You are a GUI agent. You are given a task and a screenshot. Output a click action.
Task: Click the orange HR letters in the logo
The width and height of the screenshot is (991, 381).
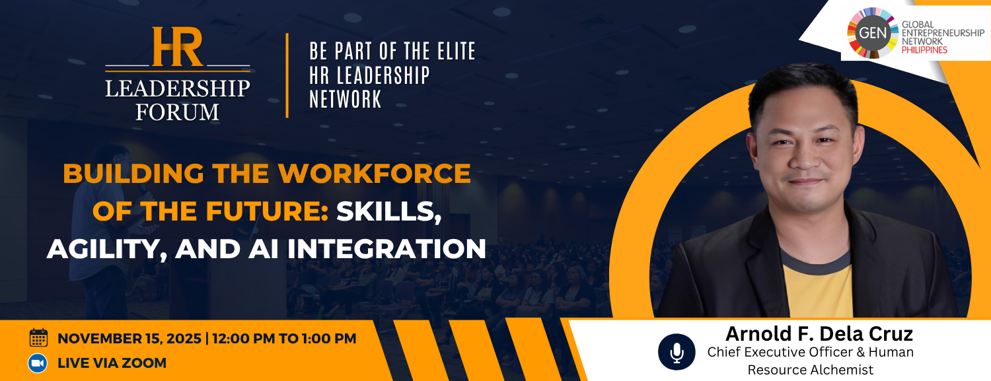[178, 46]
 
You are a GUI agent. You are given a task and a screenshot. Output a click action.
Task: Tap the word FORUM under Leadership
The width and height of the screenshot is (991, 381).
[178, 112]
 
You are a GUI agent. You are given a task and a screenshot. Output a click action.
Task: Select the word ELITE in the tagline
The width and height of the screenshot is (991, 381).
[456, 52]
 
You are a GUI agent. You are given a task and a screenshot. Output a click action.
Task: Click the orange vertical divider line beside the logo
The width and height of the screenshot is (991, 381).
[287, 75]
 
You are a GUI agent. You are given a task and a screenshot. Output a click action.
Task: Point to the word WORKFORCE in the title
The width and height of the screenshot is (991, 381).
[375, 173]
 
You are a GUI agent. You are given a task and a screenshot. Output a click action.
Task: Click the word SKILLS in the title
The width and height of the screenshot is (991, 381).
[389, 211]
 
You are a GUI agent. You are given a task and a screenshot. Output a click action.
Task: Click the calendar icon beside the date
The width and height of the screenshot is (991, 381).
[38, 337]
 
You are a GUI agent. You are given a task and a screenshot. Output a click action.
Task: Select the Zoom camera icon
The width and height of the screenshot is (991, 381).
[38, 363]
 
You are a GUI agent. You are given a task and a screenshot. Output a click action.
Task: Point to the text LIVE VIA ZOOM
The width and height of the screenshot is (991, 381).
[112, 363]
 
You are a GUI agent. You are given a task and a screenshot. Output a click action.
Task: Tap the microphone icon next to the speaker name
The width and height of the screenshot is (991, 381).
[677, 352]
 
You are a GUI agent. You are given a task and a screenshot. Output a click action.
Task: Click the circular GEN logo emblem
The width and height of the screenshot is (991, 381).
[872, 33]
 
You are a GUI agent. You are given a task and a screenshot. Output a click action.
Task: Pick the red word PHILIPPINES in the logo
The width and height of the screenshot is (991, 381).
[924, 50]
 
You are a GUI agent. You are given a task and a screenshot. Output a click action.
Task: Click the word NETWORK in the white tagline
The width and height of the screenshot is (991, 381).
[345, 100]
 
